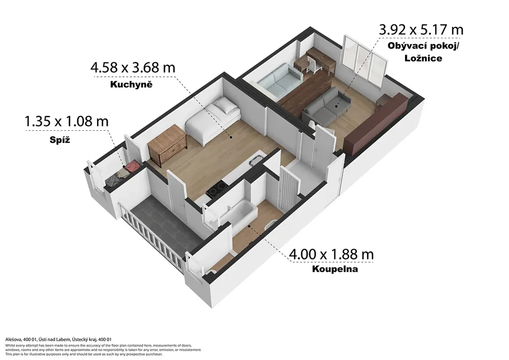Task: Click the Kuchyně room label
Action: [x=131, y=85]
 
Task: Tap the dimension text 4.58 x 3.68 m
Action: [x=133, y=68]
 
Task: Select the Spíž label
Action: [x=60, y=140]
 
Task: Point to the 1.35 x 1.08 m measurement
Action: [x=67, y=121]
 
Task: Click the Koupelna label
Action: [x=335, y=269]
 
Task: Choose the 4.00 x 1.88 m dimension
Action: [x=331, y=254]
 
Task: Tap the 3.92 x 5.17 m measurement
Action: [x=422, y=29]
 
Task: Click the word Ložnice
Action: [x=424, y=58]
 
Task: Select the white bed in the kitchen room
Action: [x=213, y=120]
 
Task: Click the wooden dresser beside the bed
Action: [x=168, y=145]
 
